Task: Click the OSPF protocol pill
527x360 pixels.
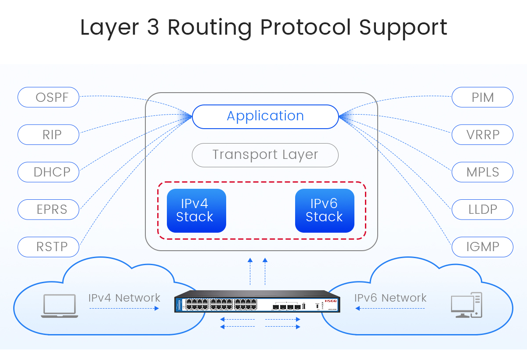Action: point(48,97)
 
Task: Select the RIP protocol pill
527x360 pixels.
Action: point(48,135)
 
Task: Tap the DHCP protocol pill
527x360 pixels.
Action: point(48,172)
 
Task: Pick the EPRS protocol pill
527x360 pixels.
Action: point(48,209)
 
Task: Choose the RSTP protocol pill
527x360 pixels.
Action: point(48,247)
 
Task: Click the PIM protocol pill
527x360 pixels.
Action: point(482,97)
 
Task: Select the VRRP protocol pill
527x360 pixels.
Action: point(482,135)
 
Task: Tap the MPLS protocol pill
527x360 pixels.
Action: point(482,172)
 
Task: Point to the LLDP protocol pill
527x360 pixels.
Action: point(482,209)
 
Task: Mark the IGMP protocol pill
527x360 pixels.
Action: point(482,247)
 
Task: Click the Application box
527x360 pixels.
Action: point(265,116)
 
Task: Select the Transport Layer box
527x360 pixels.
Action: point(265,155)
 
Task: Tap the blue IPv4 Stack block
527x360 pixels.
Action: point(196,211)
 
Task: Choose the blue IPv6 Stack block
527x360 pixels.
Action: point(325,211)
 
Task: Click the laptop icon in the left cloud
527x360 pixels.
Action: point(59,306)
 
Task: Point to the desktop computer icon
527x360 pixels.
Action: point(466,305)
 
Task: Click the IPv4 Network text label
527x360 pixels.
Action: point(124,298)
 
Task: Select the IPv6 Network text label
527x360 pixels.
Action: point(390,298)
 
